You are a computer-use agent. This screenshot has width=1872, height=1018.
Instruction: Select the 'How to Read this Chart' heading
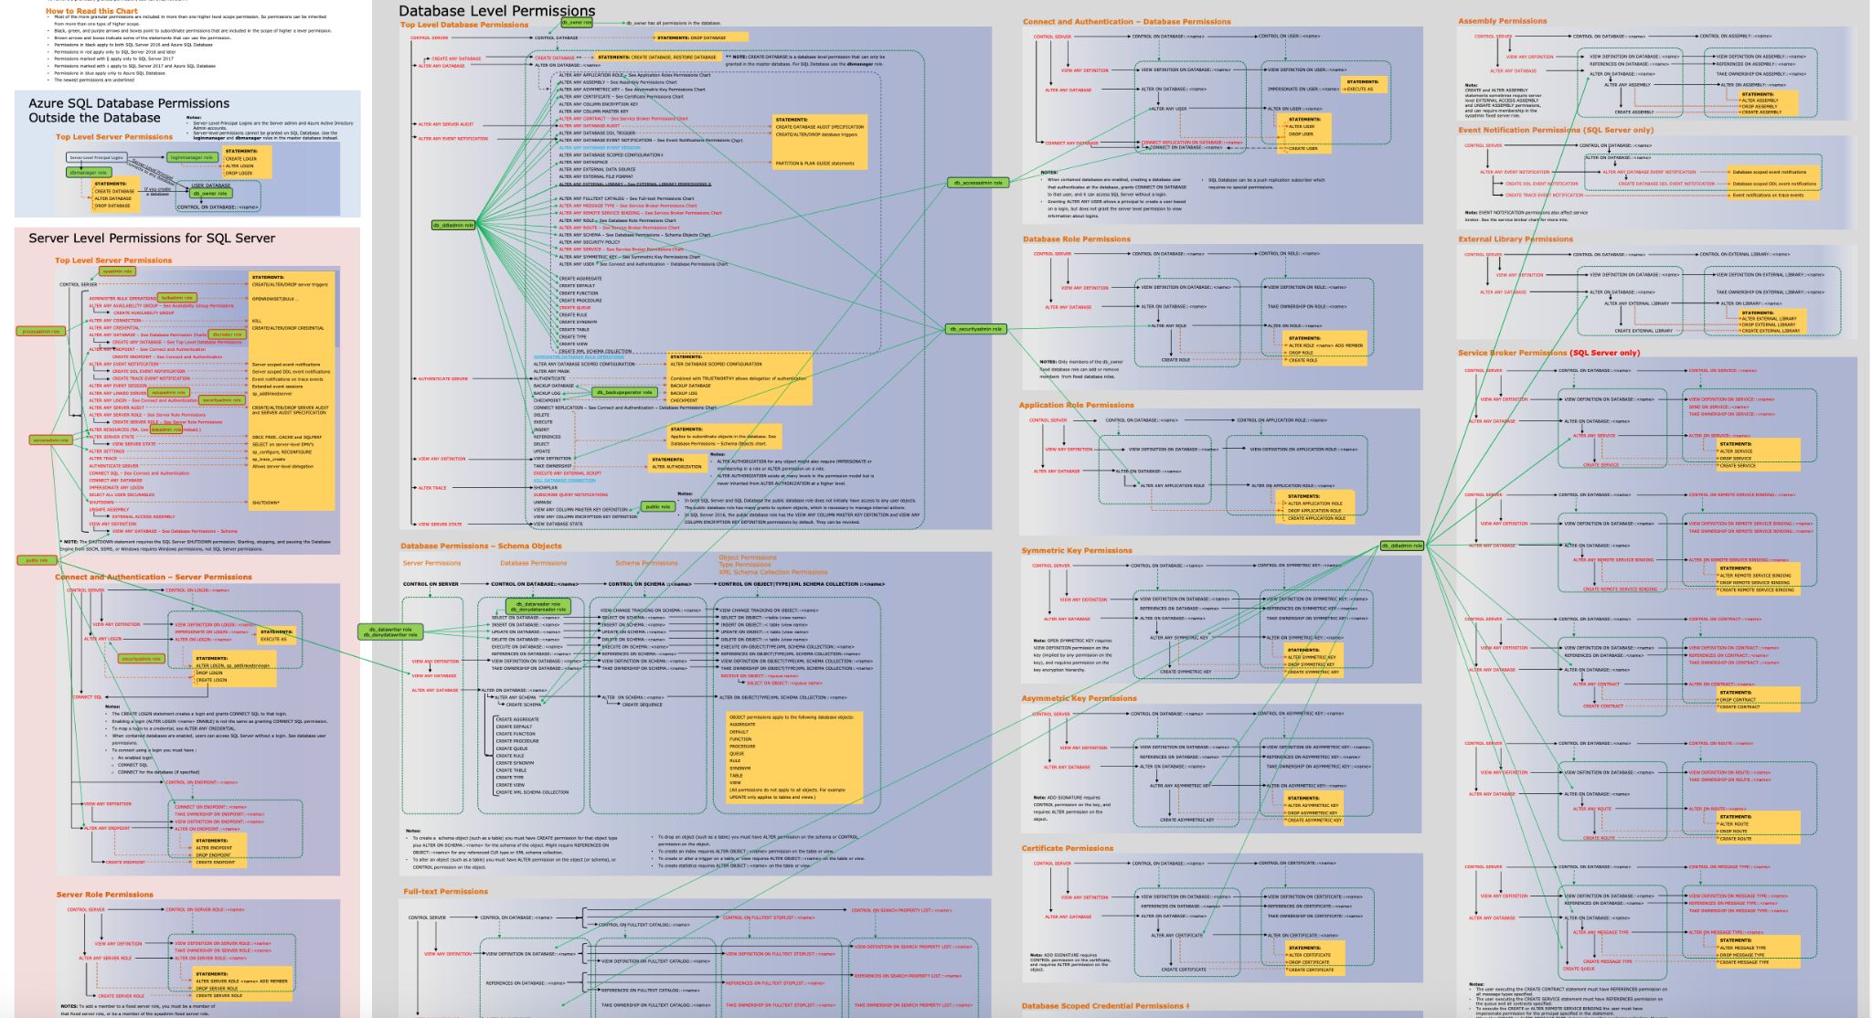[91, 11]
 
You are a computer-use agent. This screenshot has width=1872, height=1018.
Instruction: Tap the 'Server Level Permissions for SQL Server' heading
[152, 239]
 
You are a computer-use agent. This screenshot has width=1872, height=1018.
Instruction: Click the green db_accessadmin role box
[978, 183]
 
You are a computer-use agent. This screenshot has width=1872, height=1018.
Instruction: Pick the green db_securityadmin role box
[976, 329]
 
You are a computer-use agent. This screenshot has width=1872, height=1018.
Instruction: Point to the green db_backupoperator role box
[625, 392]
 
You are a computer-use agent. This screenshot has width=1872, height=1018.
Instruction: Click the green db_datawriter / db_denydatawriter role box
[390, 631]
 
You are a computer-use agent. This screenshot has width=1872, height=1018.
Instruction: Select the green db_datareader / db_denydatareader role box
[538, 607]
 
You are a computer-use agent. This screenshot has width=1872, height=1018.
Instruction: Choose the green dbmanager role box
[89, 172]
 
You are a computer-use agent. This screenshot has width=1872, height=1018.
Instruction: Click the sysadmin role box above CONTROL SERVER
[117, 271]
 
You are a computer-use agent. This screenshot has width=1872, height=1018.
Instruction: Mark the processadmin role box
[41, 332]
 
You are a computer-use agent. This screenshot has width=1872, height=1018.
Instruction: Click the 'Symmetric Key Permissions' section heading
[1076, 551]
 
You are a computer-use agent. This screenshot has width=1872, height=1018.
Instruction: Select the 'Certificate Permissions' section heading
[1067, 849]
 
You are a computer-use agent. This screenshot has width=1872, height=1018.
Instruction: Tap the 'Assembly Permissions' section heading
[1502, 21]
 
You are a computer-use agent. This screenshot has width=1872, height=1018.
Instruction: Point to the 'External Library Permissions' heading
[1515, 239]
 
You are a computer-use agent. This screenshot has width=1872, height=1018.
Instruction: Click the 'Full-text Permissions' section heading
[445, 892]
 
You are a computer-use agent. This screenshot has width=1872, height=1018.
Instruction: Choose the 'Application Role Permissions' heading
[1076, 405]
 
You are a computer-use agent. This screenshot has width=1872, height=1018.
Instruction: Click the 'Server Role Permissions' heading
[104, 896]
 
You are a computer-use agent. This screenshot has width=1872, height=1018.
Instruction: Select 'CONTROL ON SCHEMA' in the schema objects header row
[648, 584]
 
